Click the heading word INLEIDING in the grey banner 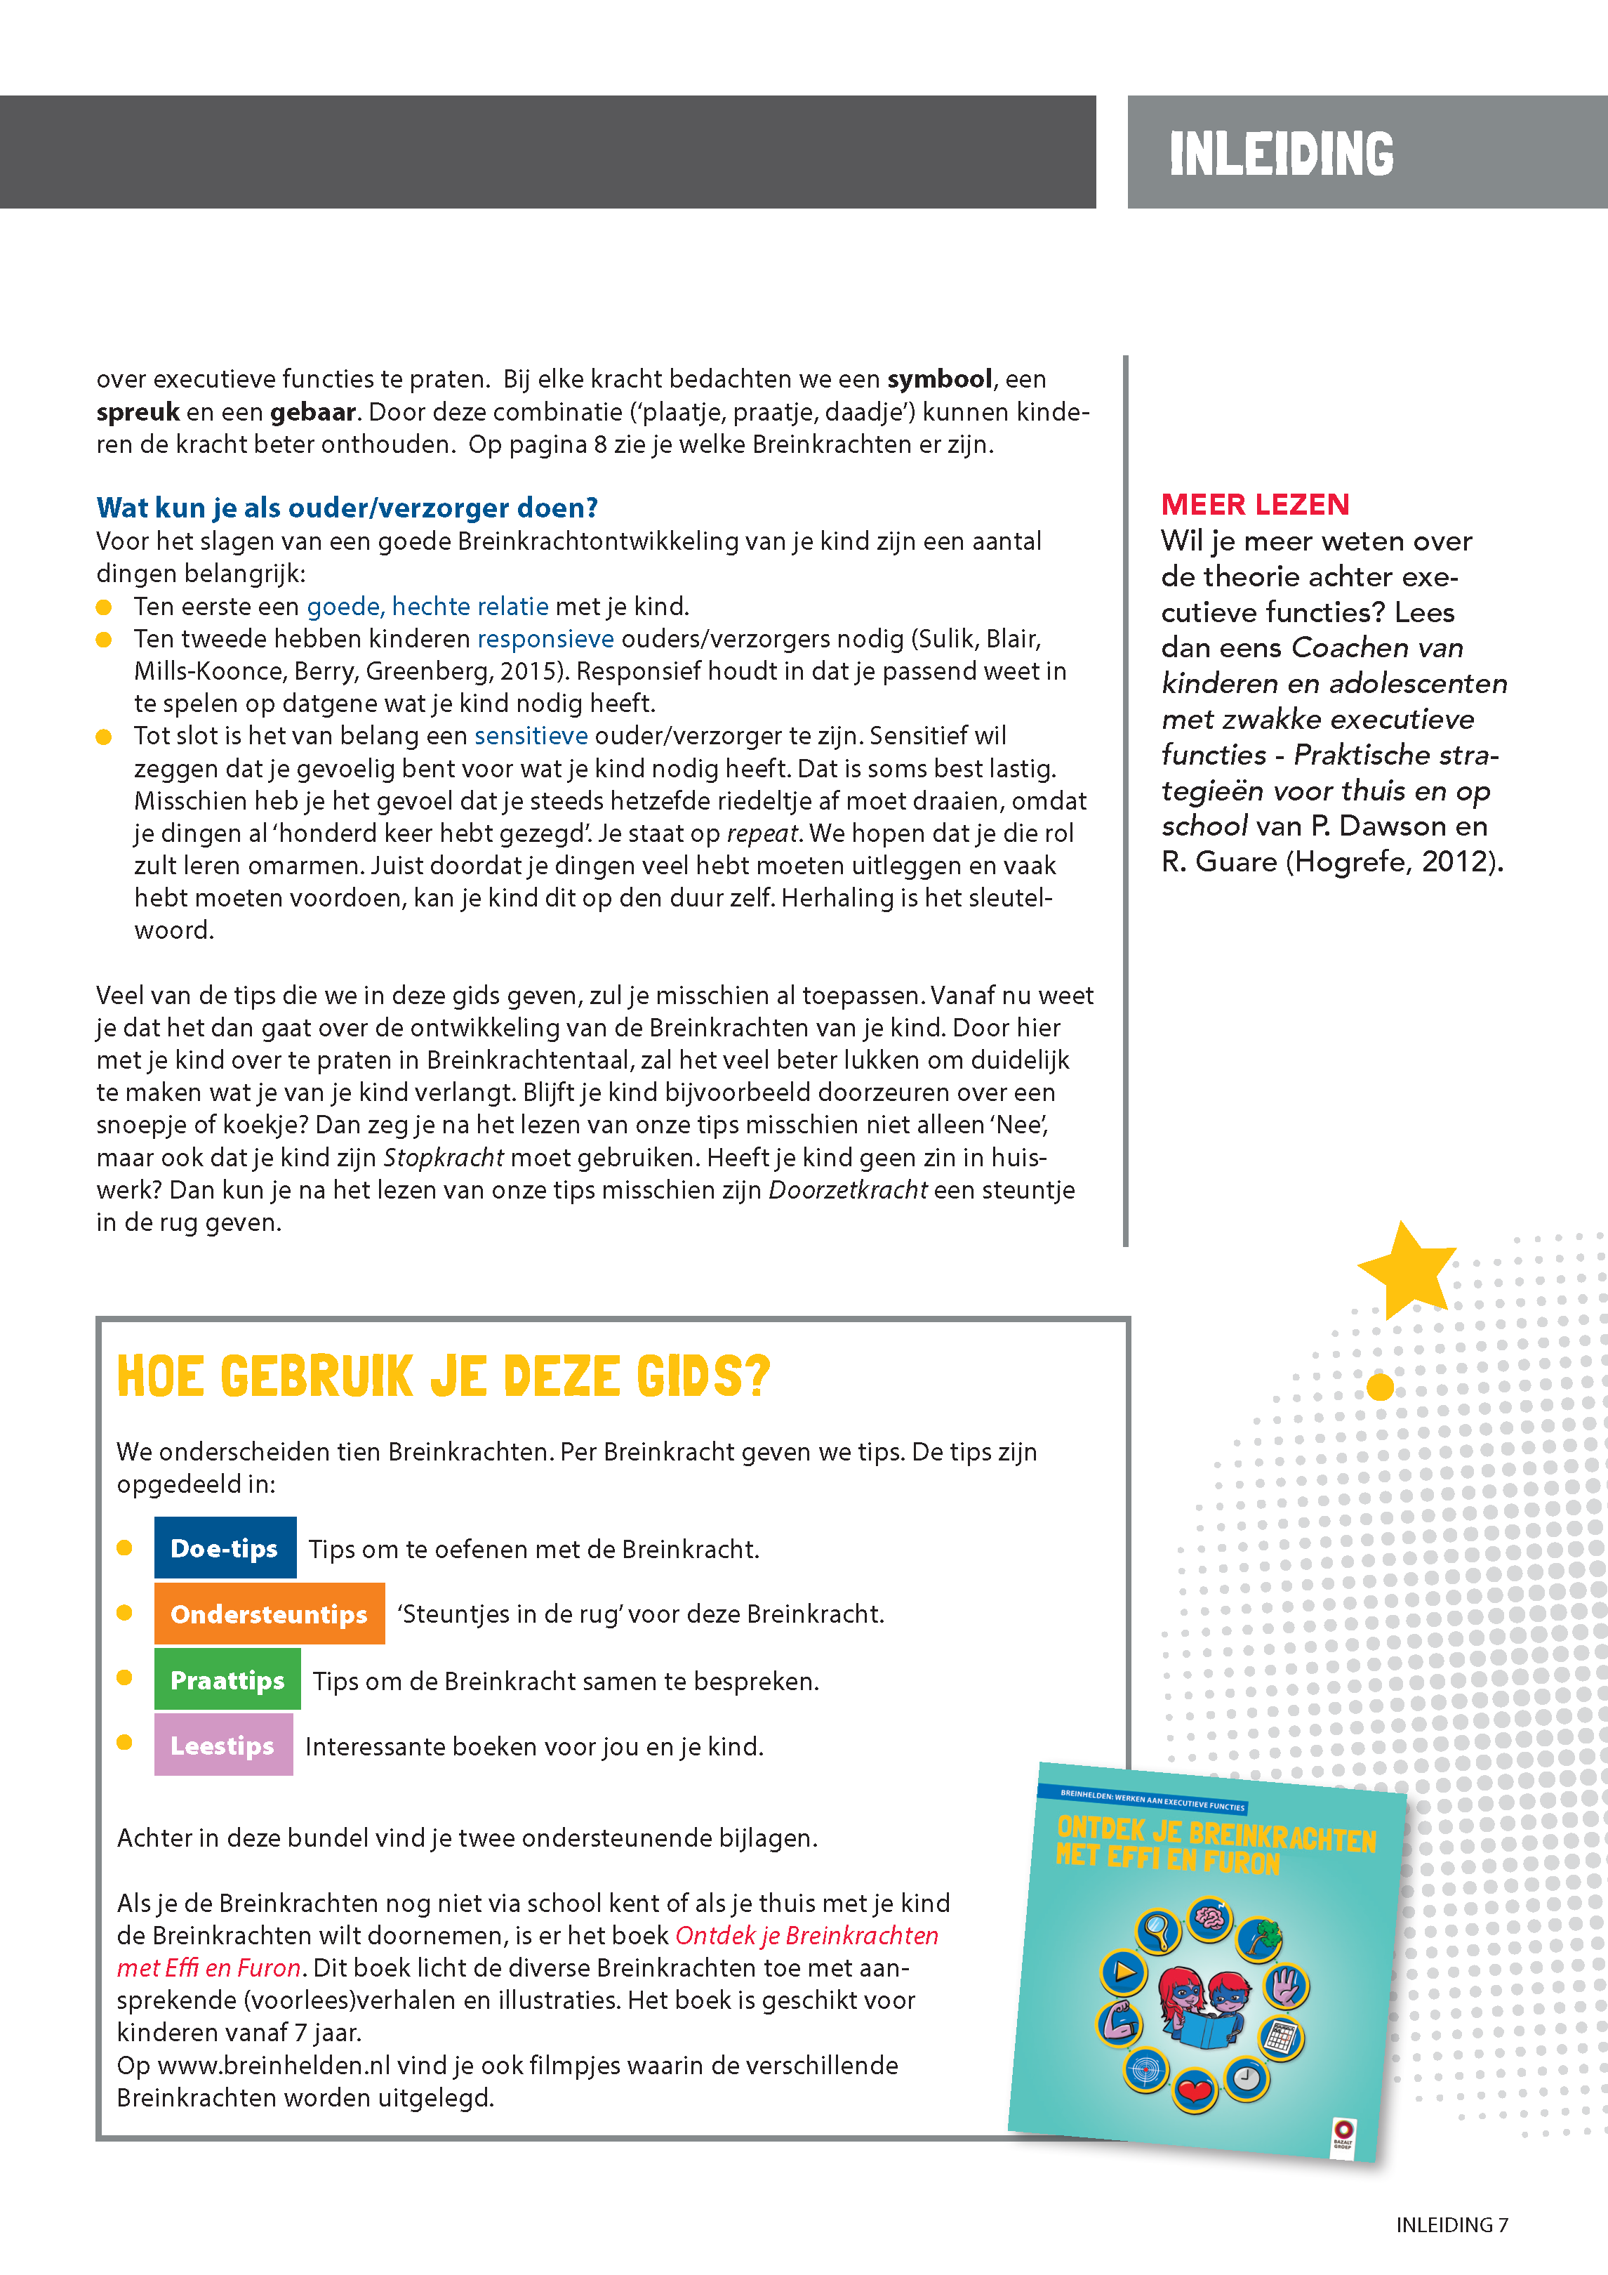pos(1280,154)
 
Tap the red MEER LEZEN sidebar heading pos(1254,504)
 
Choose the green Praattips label pos(227,1680)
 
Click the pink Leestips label pos(223,1745)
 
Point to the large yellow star pos(1406,1268)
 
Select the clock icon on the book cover pos(1247,2076)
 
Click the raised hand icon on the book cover pos(1287,1985)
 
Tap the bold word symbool pos(939,378)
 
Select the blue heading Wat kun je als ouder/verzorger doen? pos(347,508)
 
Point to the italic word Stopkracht pos(443,1157)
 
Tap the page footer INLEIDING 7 pos(1451,2224)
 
